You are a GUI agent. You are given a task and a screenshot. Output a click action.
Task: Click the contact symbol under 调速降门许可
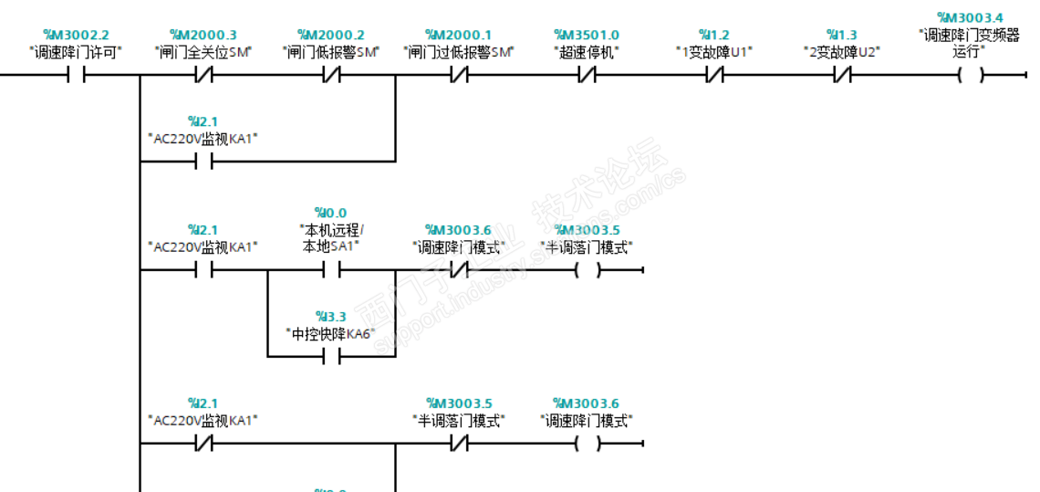coord(76,76)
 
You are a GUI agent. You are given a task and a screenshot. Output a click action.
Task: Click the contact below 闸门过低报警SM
coord(459,76)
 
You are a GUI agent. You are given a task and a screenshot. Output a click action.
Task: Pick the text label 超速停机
coord(586,52)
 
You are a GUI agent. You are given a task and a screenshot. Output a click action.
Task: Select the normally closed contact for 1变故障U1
coord(714,76)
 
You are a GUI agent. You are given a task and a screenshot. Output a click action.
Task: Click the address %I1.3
coord(841,35)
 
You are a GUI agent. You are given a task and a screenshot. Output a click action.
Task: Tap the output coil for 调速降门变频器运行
coord(970,76)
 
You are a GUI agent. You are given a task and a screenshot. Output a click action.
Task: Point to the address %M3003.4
coord(969,17)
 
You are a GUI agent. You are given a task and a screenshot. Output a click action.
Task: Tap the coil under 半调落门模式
coord(587,270)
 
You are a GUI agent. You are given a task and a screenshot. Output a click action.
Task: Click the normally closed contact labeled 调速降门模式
coord(458,270)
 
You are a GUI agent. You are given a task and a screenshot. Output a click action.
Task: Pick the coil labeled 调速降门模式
coord(587,444)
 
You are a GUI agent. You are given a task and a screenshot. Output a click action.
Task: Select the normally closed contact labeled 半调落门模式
coord(459,444)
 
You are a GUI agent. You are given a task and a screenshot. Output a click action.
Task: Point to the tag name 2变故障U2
coord(841,52)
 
